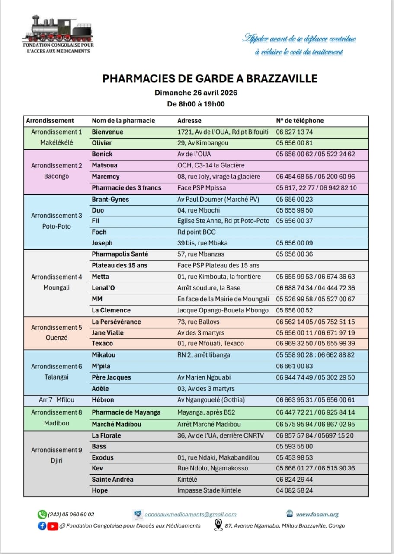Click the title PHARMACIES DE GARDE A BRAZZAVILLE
(210, 78)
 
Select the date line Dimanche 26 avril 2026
(196, 93)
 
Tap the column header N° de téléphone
(300, 121)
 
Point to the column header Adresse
(189, 121)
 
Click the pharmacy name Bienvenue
(107, 132)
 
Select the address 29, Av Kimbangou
(203, 143)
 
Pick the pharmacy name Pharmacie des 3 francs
(126, 188)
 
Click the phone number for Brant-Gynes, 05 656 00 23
(294, 200)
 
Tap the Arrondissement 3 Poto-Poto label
(57, 221)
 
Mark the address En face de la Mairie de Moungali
(223, 299)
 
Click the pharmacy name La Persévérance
(116, 322)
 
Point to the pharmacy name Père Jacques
(111, 377)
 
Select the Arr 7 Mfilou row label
(57, 400)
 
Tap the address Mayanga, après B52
(206, 412)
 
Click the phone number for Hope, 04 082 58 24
(294, 490)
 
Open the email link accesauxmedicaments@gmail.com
(190, 515)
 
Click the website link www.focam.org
(317, 515)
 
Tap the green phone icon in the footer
(42, 515)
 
